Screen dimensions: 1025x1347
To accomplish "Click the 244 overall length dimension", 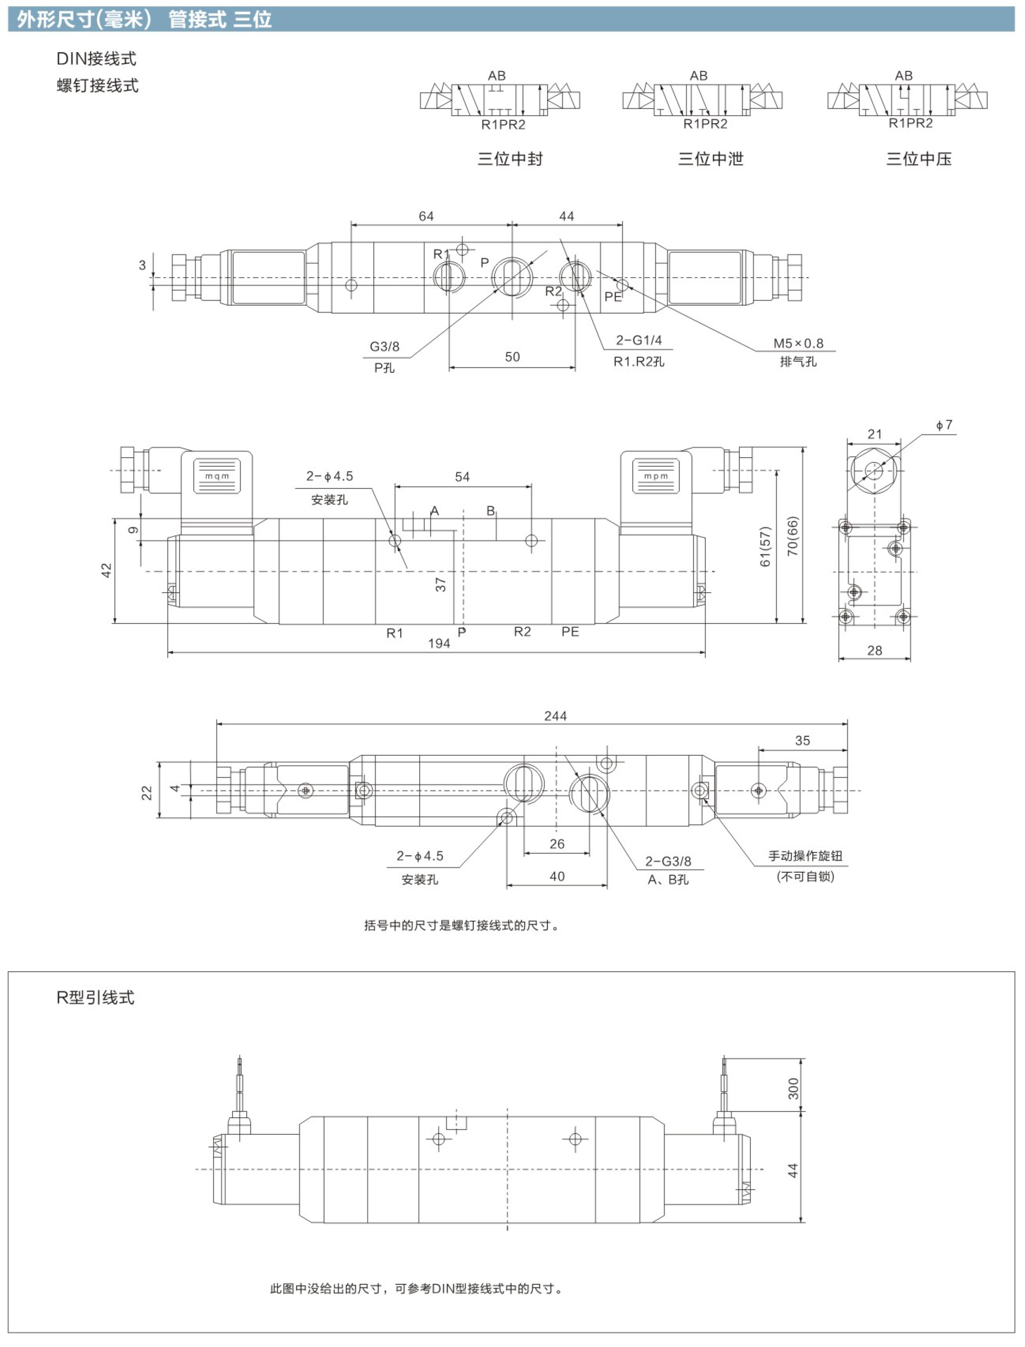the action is point(555,716).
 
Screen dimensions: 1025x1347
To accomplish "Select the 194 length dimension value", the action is point(439,643).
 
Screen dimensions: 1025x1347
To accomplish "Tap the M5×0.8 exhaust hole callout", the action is point(798,343).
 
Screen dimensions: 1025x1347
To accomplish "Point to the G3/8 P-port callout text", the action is point(385,347).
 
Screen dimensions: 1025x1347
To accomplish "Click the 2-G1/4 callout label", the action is point(639,340).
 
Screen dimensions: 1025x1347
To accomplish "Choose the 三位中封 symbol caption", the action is point(510,159).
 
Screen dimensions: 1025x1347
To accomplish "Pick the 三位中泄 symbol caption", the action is point(711,159).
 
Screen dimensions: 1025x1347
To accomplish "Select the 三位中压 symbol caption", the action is point(919,159).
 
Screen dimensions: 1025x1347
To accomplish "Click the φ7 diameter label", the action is point(944,425).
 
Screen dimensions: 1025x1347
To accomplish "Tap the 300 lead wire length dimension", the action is point(793,1088).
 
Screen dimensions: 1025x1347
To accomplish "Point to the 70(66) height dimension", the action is point(792,536).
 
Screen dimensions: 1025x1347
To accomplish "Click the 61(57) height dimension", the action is point(765,546).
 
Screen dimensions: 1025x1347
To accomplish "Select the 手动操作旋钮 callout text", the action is point(805,856).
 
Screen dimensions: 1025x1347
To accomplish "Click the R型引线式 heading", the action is point(95,997).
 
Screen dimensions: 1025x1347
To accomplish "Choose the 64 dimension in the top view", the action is point(426,216).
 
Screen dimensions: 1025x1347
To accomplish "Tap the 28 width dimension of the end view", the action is point(874,651).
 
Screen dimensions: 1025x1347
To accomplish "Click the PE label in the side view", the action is point(570,632).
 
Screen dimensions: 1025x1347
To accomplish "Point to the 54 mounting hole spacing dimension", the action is point(462,477).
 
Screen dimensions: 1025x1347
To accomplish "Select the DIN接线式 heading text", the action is point(97,59).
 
